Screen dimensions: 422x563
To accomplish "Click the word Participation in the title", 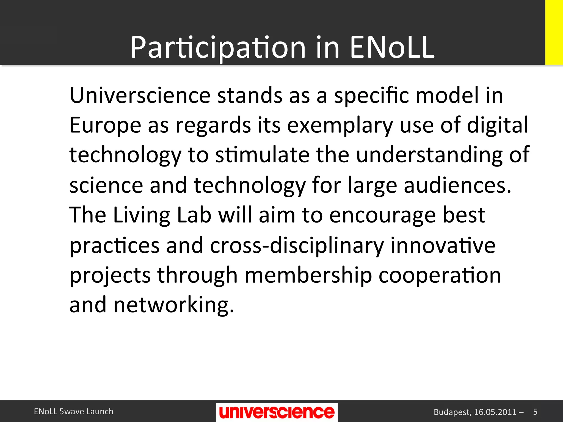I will pos(218,48).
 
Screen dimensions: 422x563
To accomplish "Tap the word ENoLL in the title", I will pos(392,48).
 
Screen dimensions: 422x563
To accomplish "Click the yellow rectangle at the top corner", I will pos(554,32).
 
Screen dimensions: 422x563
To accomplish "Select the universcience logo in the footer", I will pos(277,412).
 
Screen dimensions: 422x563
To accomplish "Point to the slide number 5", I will pos(535,412).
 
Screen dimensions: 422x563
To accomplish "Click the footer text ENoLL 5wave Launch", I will pos(73,411).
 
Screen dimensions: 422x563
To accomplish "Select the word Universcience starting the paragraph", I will pos(140,95).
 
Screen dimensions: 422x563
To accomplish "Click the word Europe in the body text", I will pos(105,126).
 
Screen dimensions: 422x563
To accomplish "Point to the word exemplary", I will pos(340,126).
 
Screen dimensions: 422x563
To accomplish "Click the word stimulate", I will pos(262,155).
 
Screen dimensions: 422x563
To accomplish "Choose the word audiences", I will pos(457,185).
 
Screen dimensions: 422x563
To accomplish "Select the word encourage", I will pos(382,215).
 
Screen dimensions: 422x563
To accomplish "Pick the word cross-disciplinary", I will pos(297,245).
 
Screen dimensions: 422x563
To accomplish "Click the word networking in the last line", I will pos(174,306).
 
